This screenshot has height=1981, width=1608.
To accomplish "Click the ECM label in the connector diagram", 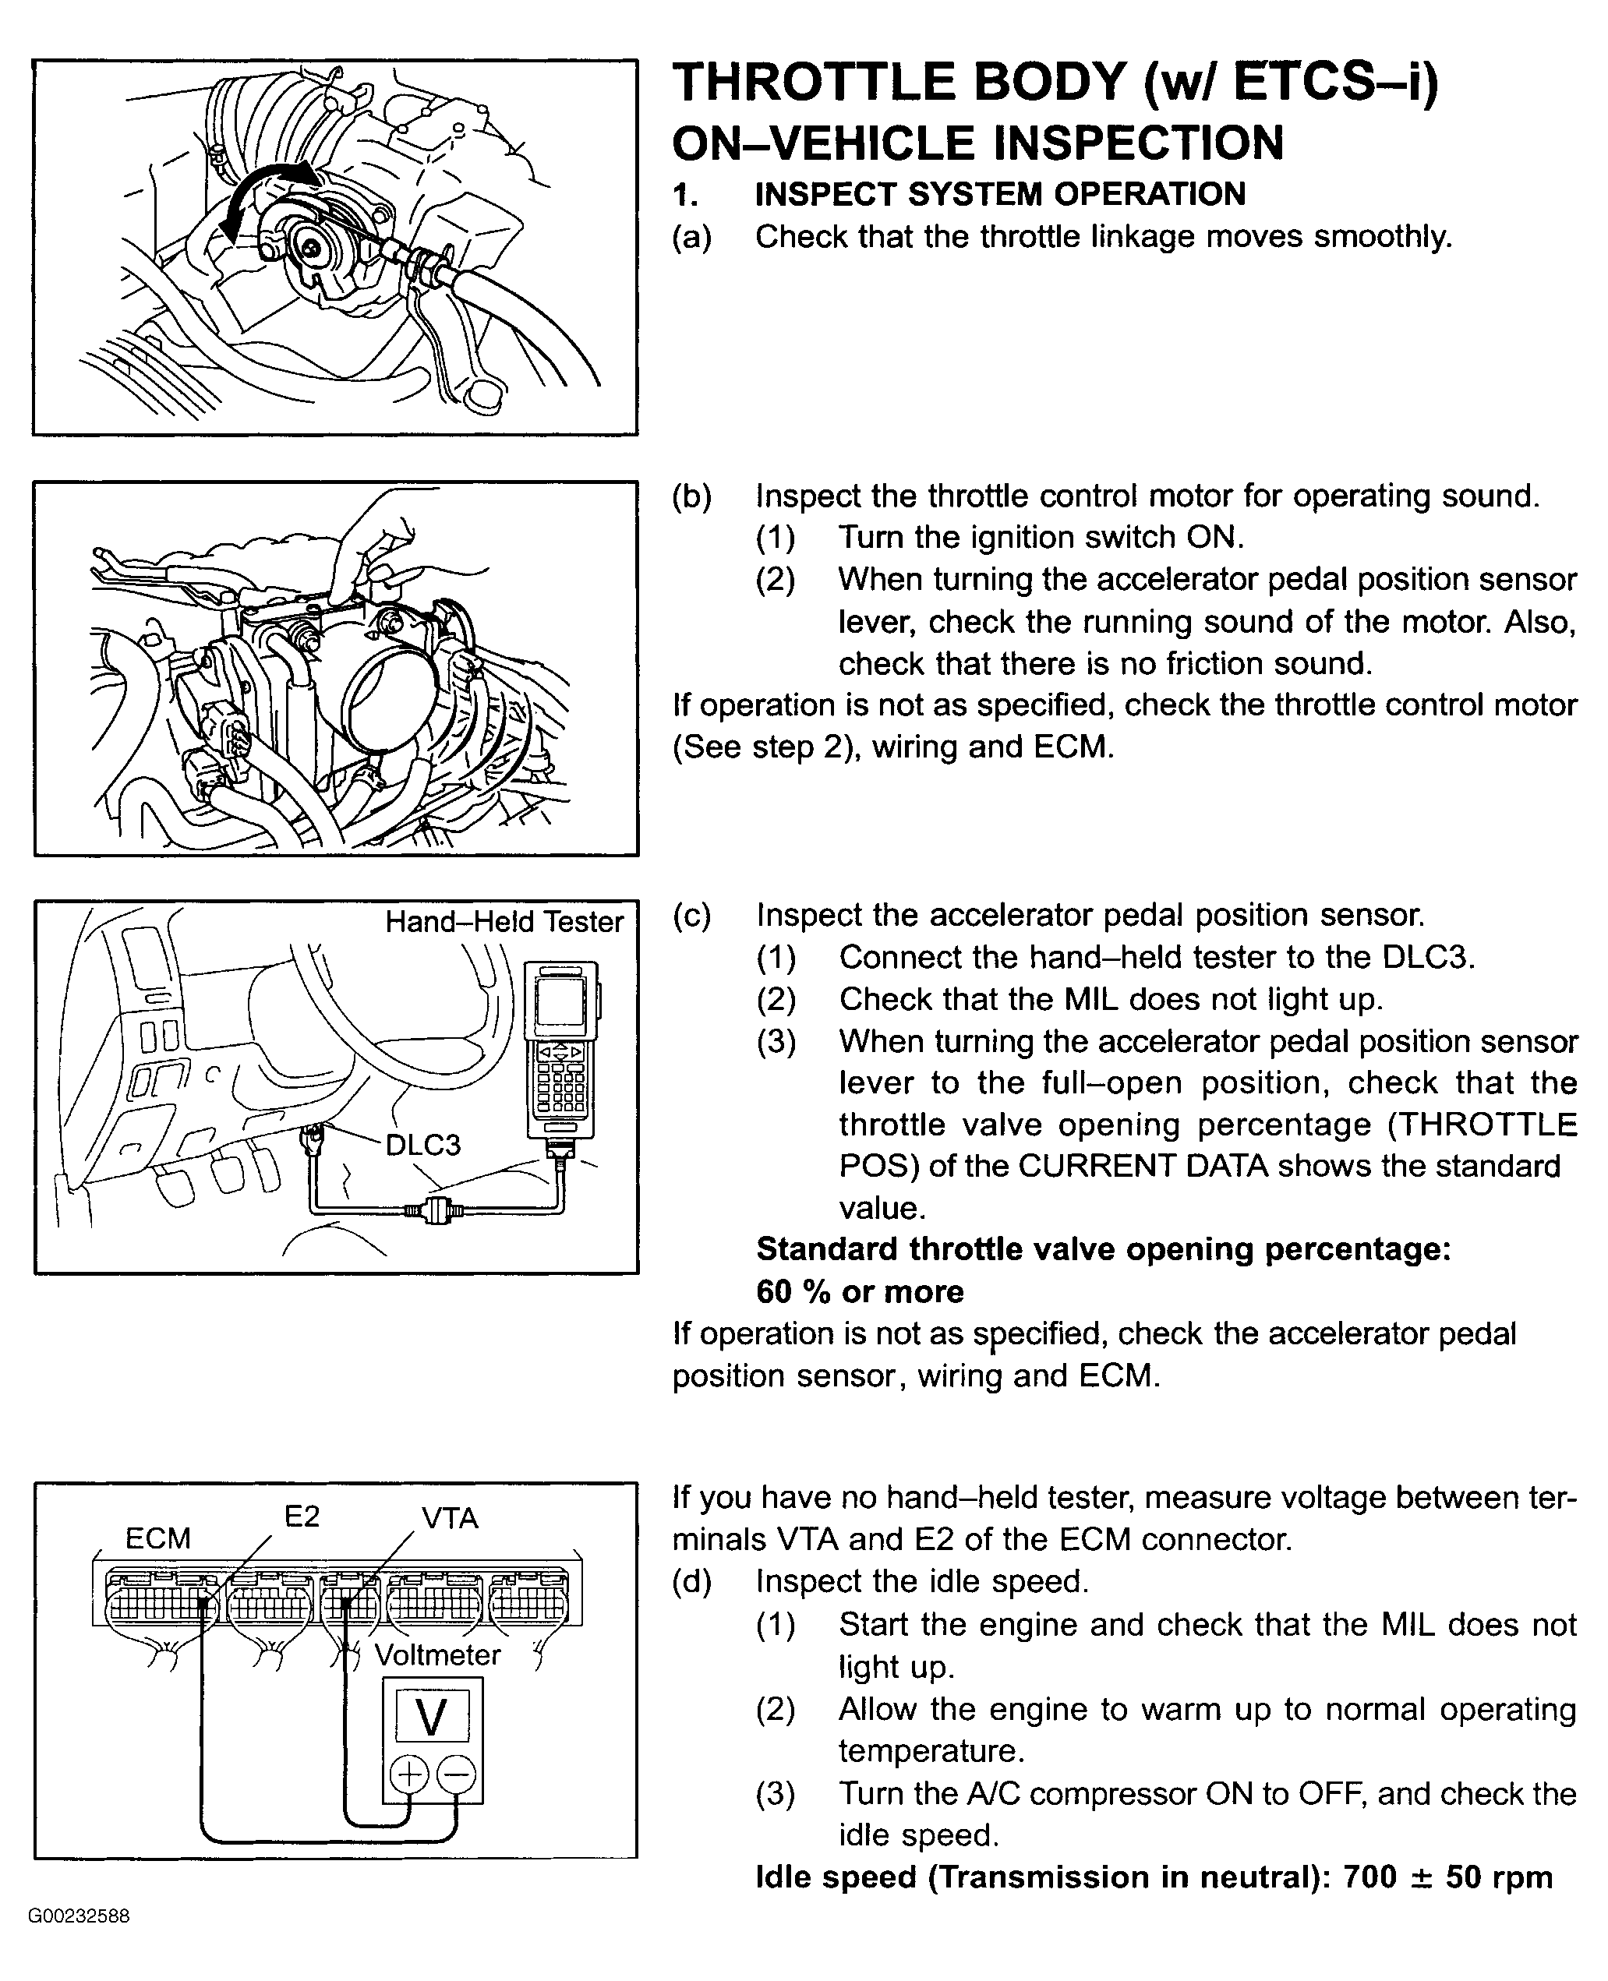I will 157,1539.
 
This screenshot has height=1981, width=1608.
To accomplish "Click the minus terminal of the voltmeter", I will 456,1774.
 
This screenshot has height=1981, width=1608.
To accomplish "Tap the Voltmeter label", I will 437,1655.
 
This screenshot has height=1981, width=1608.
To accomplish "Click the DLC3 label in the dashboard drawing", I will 422,1146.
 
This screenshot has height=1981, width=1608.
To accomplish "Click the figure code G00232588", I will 79,1916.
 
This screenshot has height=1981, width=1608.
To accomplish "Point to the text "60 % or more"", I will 860,1292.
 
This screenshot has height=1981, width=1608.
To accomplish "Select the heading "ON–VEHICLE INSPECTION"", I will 977,143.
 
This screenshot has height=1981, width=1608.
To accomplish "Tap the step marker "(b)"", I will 692,496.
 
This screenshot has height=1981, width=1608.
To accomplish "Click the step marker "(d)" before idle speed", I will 692,1582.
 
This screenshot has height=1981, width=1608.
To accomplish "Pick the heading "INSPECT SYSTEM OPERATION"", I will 1000,195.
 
